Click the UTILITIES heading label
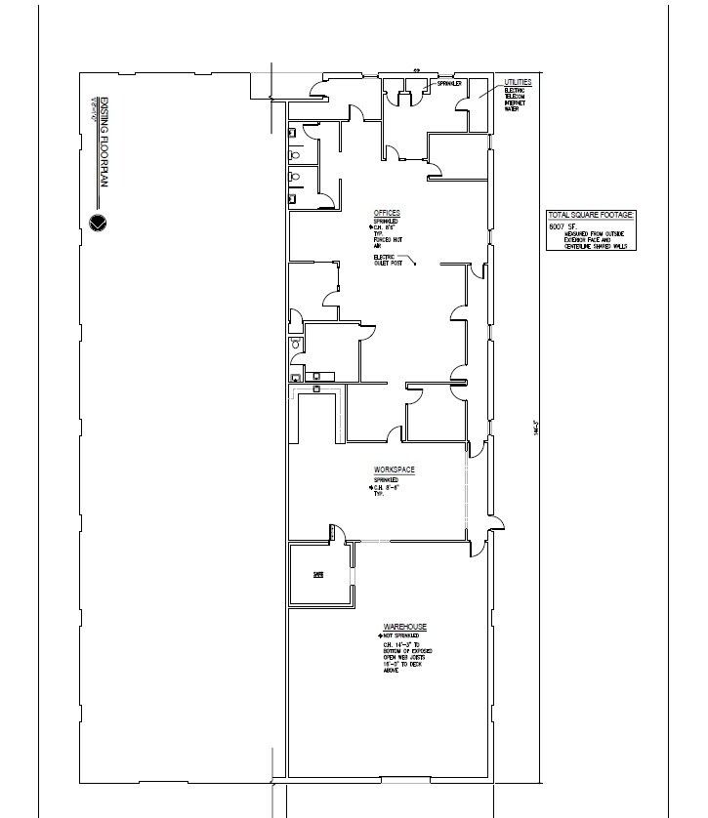(x=518, y=82)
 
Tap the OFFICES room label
(x=387, y=213)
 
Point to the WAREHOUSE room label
(x=404, y=626)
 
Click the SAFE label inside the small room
(x=317, y=575)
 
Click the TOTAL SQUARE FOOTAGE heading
(x=592, y=214)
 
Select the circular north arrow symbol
(x=97, y=223)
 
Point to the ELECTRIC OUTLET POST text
(x=388, y=261)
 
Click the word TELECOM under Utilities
(x=516, y=96)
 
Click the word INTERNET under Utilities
(x=516, y=102)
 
